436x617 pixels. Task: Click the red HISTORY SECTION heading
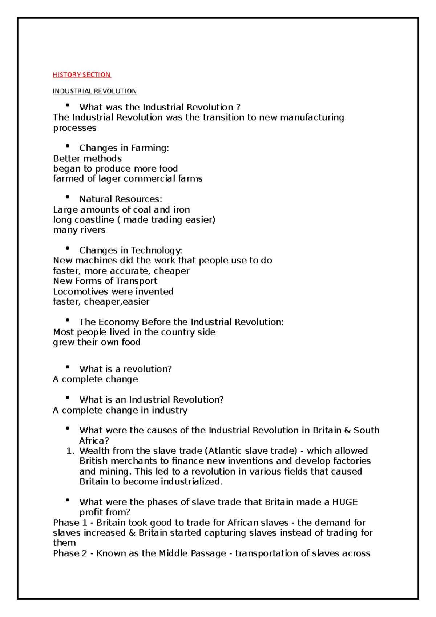pyautogui.click(x=81, y=75)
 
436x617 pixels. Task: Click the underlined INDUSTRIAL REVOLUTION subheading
pyautogui.click(x=94, y=91)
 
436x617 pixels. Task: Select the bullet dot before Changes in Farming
pyautogui.click(x=68, y=146)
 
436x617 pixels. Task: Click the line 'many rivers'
pyautogui.click(x=79, y=230)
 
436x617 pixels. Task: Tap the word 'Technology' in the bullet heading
pyautogui.click(x=156, y=250)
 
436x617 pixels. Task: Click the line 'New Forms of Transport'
pyautogui.click(x=105, y=281)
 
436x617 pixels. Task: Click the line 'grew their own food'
pyautogui.click(x=97, y=342)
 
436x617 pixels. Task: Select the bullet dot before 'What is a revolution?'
pyautogui.click(x=68, y=367)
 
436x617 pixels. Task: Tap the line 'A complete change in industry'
pyautogui.click(x=120, y=410)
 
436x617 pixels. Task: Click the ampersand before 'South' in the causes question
pyautogui.click(x=347, y=431)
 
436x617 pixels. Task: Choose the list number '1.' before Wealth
pyautogui.click(x=70, y=451)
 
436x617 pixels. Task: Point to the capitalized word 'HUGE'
pyautogui.click(x=345, y=502)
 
